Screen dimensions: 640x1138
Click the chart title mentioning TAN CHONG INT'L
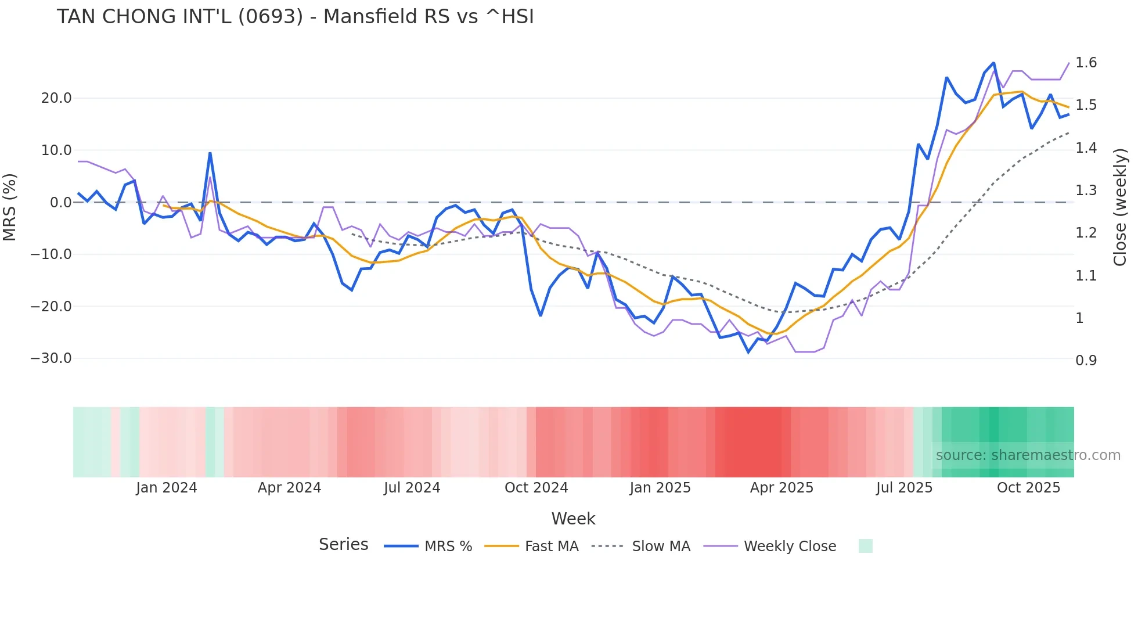[x=295, y=17]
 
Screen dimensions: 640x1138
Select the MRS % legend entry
[x=448, y=546]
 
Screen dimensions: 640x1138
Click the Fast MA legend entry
[x=551, y=546]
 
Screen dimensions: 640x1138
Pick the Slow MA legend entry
[x=661, y=546]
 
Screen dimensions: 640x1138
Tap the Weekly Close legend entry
[x=790, y=546]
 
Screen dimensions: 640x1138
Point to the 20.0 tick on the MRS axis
[x=56, y=98]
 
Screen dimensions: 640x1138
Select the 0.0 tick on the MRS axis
[x=61, y=203]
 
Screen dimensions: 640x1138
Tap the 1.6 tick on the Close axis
[x=1086, y=63]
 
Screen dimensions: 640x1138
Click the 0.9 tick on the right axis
[x=1086, y=361]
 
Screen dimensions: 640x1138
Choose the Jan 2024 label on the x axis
[x=167, y=488]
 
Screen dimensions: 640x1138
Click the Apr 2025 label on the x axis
[x=782, y=488]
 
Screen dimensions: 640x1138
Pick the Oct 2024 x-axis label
[x=536, y=488]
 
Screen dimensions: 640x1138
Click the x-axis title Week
[x=573, y=519]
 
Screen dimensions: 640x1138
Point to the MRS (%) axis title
[x=10, y=207]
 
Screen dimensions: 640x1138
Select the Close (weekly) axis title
[x=1120, y=207]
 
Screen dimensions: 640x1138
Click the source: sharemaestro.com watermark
[x=1028, y=455]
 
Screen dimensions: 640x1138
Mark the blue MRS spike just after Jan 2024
[x=210, y=153]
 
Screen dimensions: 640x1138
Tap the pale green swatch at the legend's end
[x=865, y=546]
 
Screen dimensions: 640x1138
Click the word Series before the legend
[x=343, y=545]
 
